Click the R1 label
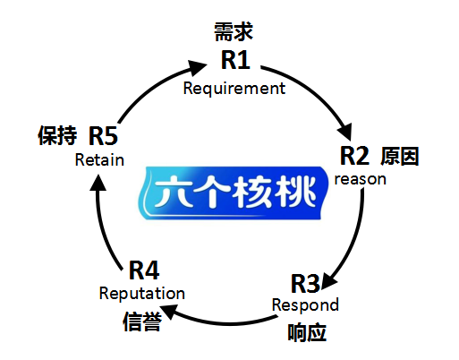[235, 60]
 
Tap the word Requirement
[234, 89]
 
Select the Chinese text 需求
[234, 31]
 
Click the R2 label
[354, 156]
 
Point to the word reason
[361, 179]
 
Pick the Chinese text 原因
[400, 156]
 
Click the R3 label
[305, 284]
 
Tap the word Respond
[305, 305]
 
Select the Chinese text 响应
[307, 332]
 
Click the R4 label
[144, 270]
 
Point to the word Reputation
[142, 294]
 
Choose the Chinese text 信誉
[142, 321]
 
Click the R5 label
[103, 136]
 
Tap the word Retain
[99, 160]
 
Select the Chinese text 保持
[57, 135]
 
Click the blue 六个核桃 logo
[234, 193]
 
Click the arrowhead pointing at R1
[198, 67]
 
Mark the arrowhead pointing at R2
[345, 133]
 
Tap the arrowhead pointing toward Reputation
[170, 312]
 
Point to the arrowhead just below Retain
[98, 183]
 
